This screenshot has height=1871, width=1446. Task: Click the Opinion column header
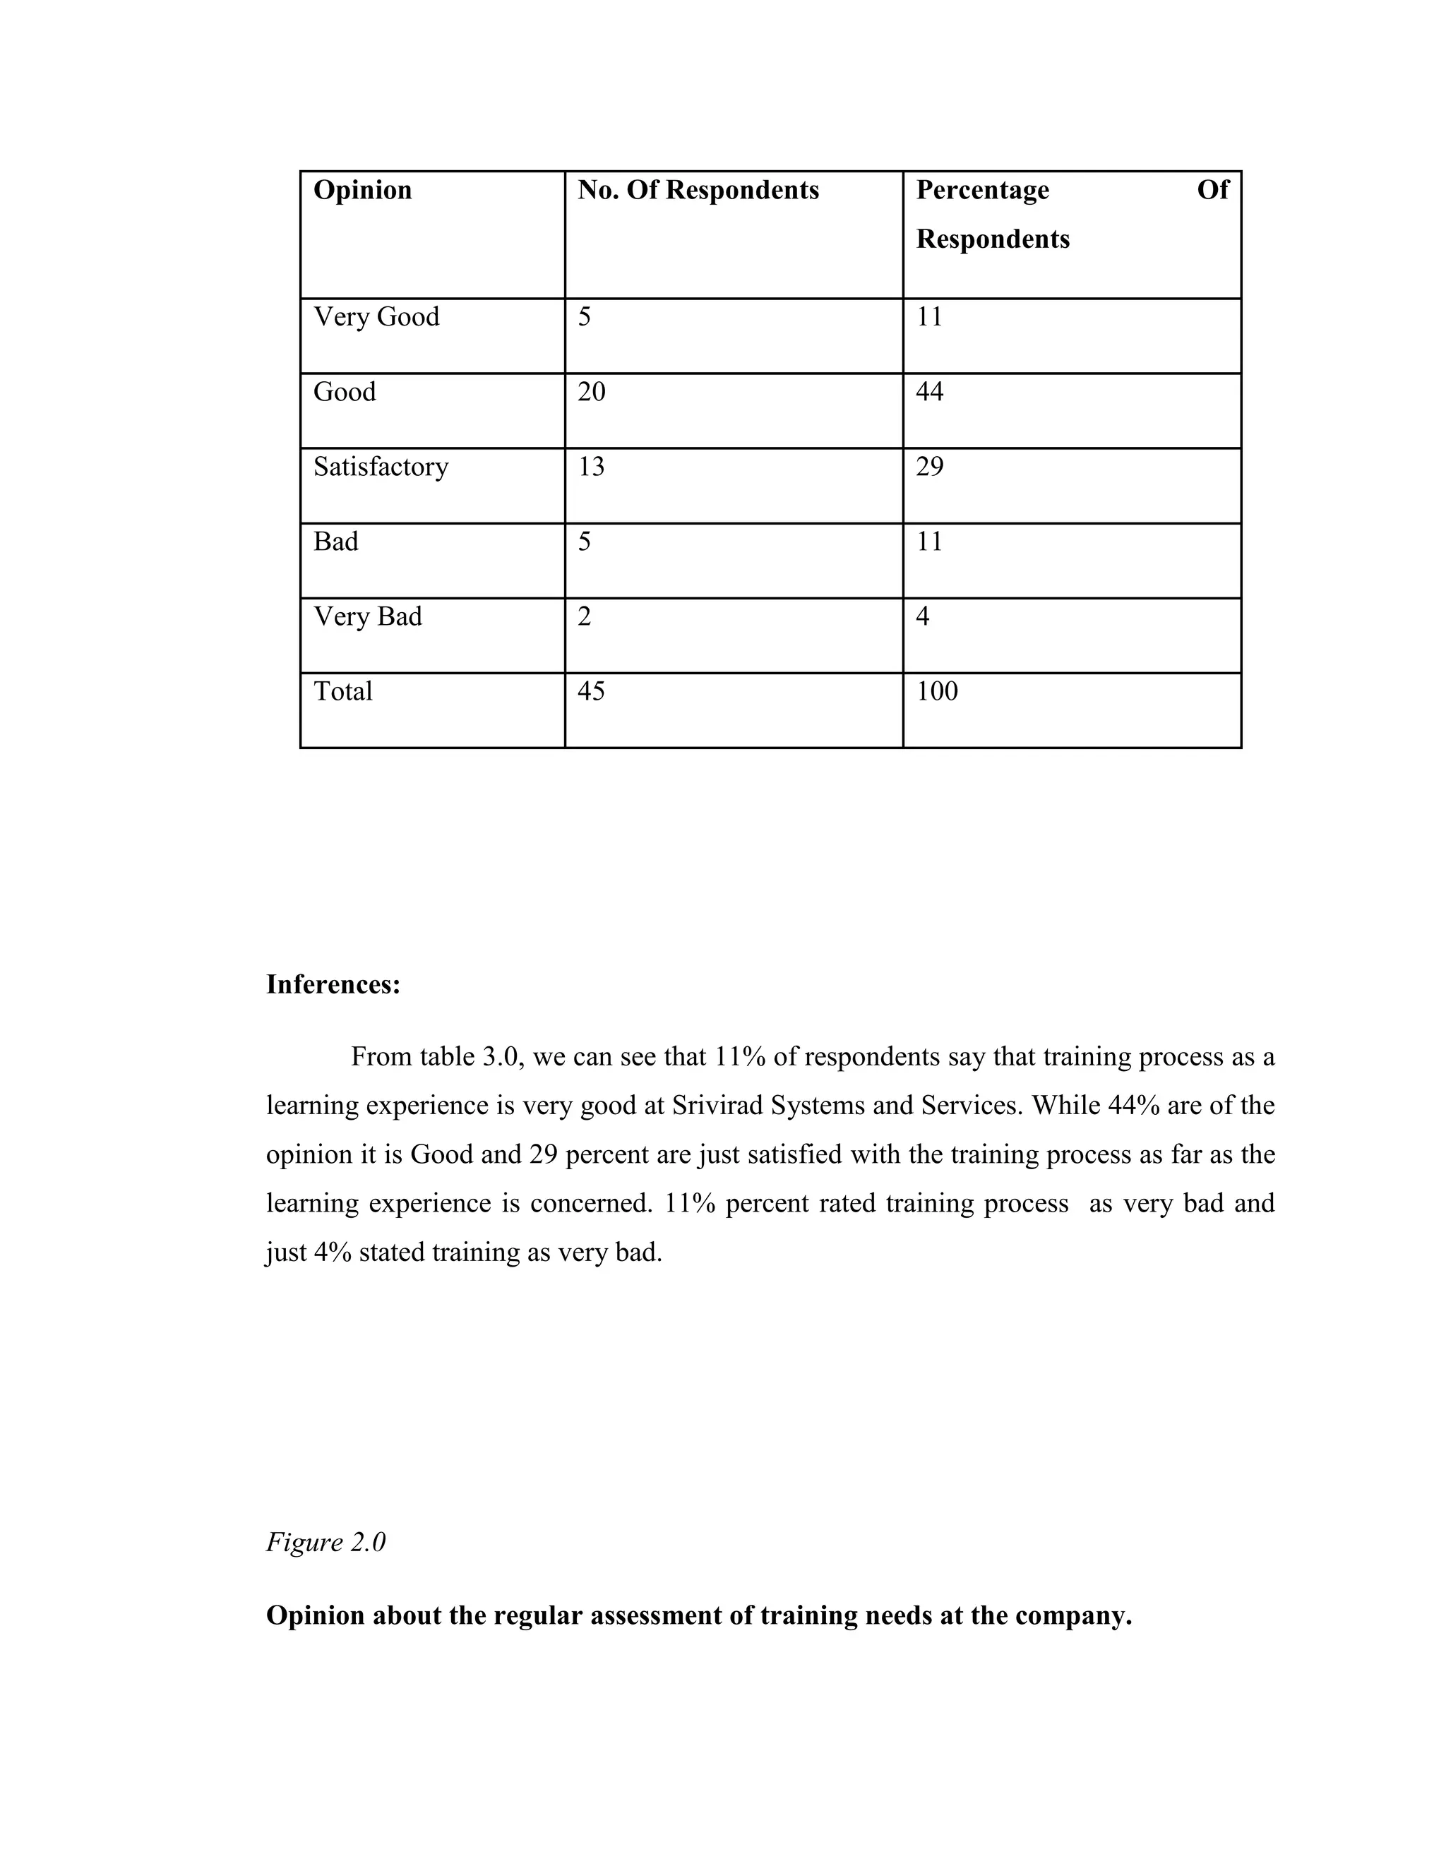362,190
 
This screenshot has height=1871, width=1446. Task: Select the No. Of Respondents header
698,190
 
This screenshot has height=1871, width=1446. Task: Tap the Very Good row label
376,317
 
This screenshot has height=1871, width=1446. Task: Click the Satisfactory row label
381,467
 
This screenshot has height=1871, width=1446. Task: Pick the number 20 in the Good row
591,393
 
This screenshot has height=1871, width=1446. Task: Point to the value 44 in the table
929,393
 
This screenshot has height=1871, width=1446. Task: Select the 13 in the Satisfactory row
591,467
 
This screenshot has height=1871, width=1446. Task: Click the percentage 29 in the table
929,467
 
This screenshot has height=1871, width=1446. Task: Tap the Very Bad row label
367,617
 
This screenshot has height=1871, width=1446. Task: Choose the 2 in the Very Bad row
584,617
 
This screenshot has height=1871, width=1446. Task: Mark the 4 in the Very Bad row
923,617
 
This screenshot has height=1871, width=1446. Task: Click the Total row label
342,691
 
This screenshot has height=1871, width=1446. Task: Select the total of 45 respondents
591,691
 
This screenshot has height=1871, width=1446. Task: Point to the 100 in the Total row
936,691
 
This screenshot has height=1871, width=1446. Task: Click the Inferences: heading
333,985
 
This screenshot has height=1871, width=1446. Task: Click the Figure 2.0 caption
325,1542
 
